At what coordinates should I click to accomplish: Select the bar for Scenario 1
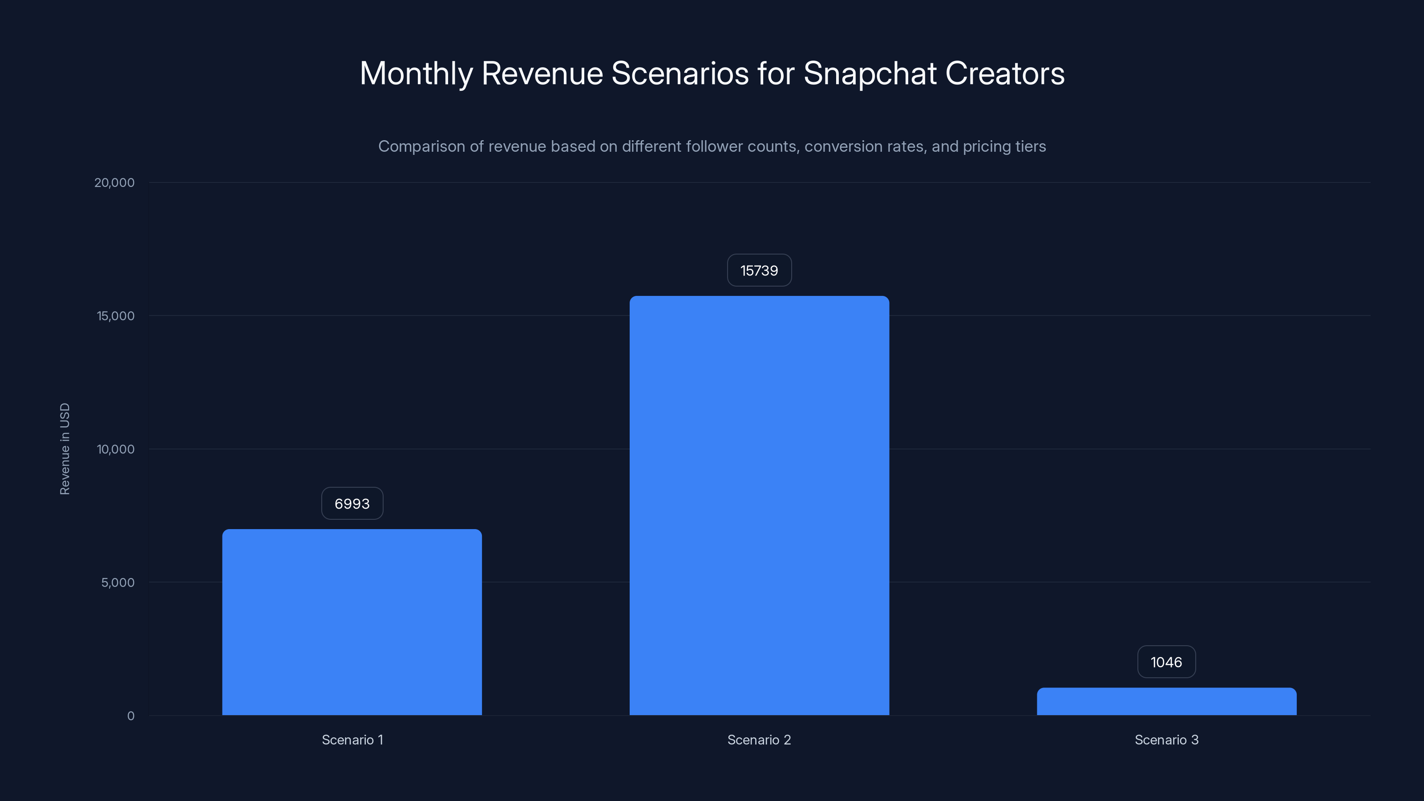(352, 622)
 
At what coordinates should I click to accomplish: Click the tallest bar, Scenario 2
(759, 506)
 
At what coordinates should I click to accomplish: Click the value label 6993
(352, 504)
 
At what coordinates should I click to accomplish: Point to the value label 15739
(759, 270)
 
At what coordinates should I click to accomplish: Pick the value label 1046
(1166, 662)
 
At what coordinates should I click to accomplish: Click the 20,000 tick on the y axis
(114, 182)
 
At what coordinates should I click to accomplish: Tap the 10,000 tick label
(116, 449)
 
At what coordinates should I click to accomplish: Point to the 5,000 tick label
(118, 582)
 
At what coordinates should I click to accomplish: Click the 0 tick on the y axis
(130, 716)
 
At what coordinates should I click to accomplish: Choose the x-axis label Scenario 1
(352, 740)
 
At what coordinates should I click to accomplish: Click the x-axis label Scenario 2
(759, 740)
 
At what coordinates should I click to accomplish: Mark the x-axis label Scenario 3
(1166, 740)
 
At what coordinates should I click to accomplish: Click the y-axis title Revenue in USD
(65, 449)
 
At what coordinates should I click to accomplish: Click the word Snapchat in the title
(870, 73)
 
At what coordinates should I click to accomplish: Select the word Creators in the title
(1004, 73)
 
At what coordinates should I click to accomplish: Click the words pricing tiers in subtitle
(1004, 146)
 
